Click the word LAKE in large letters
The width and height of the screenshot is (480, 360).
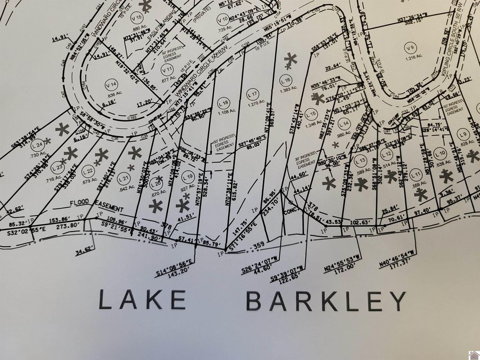(143, 300)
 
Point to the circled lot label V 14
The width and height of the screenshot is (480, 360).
(111, 84)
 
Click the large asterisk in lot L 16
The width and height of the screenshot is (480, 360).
(291, 60)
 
